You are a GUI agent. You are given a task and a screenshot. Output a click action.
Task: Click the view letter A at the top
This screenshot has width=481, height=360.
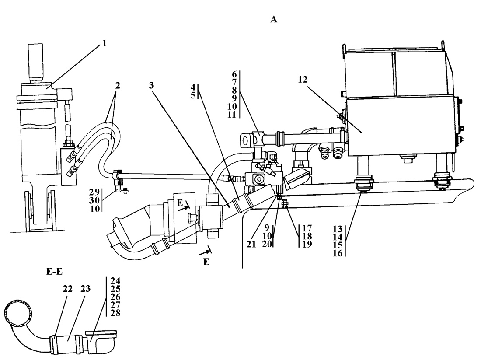point(274,20)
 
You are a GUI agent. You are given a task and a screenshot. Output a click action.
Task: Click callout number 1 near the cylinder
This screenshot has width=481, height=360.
point(105,43)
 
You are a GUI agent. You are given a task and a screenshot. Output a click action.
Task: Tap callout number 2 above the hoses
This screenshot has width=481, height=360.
point(117,86)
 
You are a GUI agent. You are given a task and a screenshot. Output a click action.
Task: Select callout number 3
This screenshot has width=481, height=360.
point(151,85)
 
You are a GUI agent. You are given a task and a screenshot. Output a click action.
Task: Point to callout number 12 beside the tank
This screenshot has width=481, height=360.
point(303,80)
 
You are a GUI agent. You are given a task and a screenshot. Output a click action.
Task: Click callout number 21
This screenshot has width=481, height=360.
point(251,244)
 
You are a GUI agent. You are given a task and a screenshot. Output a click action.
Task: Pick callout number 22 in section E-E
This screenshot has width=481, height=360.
point(68,289)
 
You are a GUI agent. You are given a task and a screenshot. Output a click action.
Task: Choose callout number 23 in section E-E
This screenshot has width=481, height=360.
point(86,289)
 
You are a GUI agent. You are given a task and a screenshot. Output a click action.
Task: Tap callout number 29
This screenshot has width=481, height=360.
point(94,192)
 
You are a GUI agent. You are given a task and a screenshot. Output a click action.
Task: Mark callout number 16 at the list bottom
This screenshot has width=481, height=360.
point(338,253)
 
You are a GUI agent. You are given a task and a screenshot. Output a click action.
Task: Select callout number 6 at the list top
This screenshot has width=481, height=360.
point(234,74)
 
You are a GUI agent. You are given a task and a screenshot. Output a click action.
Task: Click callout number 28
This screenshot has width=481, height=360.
point(115,313)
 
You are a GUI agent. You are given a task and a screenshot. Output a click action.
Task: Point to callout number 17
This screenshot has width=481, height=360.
point(307,228)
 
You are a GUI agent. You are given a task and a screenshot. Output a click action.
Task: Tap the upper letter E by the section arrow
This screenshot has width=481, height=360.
point(180,203)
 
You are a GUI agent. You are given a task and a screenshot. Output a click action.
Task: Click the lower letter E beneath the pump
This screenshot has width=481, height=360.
point(206,262)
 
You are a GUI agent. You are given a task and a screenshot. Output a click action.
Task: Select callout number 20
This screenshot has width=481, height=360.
point(267,244)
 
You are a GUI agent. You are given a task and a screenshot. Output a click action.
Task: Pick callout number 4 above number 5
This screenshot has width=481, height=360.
point(193,87)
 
